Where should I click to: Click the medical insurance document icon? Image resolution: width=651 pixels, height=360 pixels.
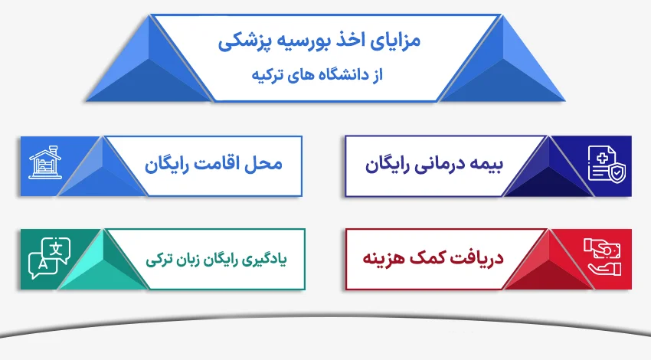click(606, 163)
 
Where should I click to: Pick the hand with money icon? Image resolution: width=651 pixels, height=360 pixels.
click(604, 258)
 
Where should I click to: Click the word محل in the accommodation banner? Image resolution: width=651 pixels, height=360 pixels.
click(266, 163)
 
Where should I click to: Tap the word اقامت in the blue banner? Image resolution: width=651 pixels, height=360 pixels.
click(216, 163)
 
